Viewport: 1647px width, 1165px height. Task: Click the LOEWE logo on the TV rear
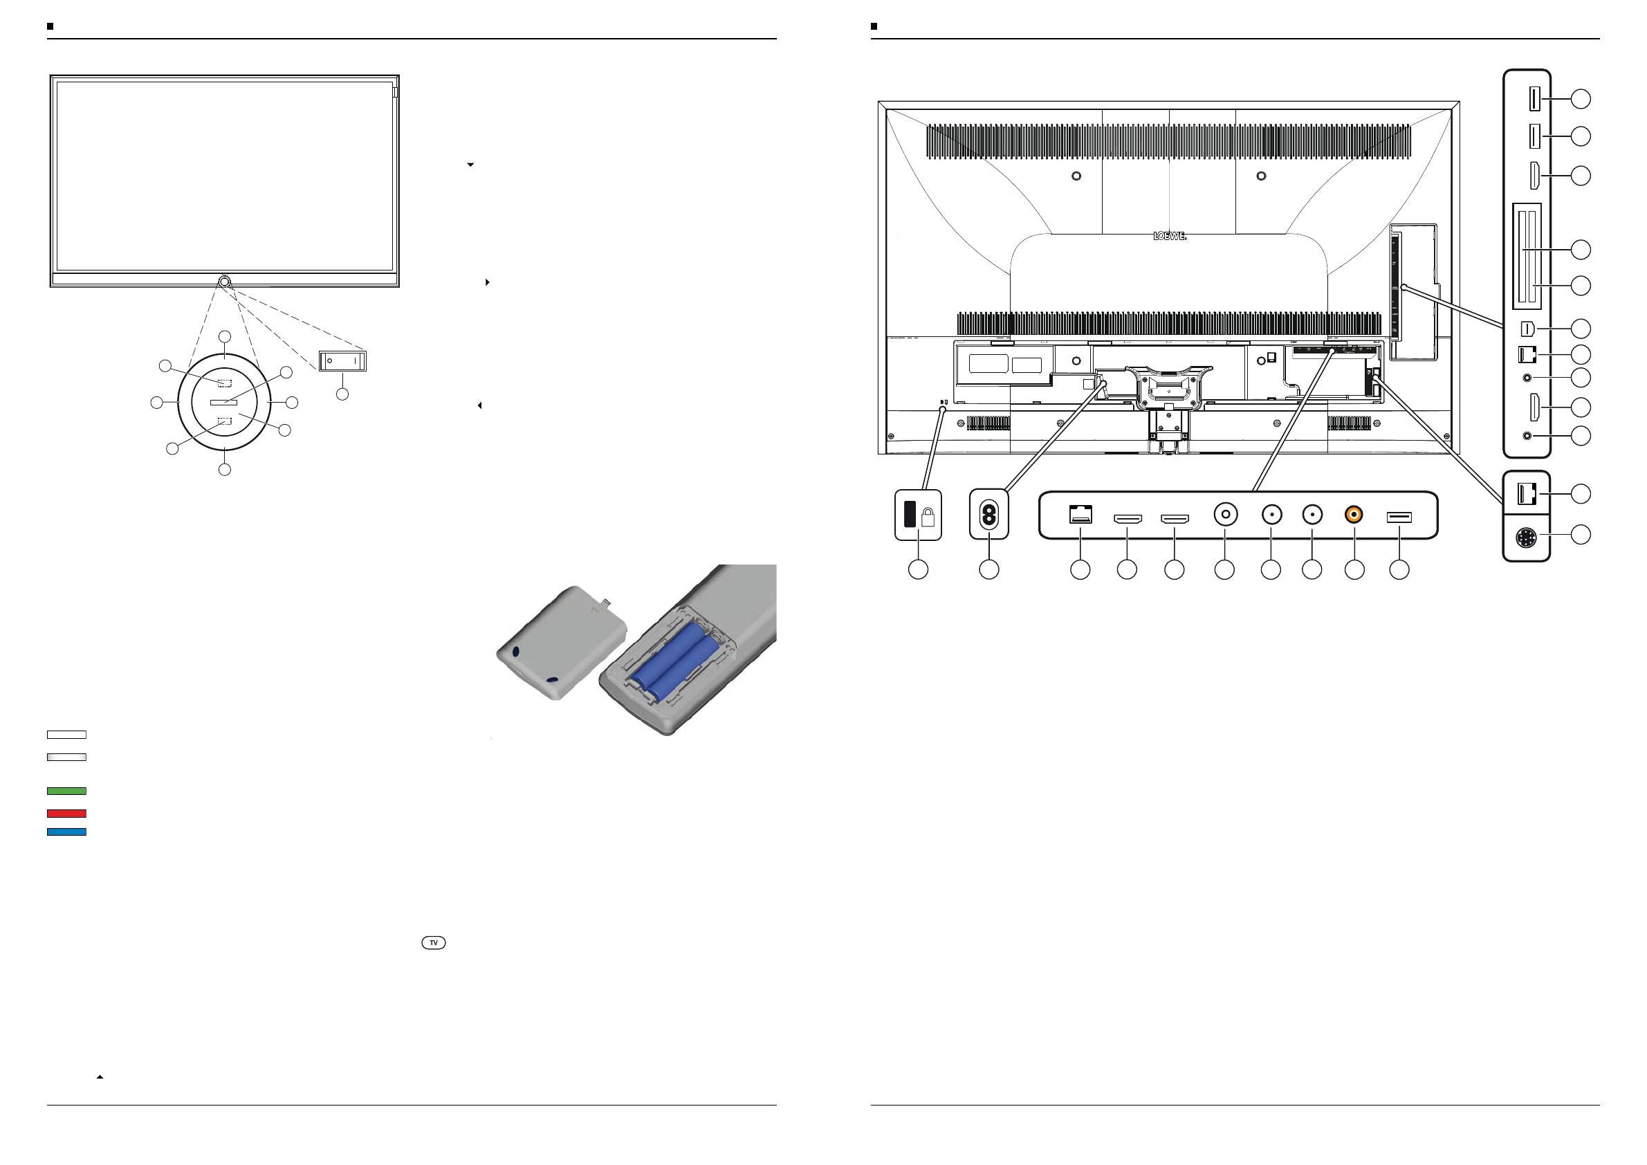[x=1169, y=236]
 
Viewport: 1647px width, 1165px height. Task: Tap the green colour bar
[x=66, y=791]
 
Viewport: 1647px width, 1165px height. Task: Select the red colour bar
[x=66, y=814]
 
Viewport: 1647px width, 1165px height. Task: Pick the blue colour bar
[x=66, y=832]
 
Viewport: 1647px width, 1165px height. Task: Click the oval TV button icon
[x=433, y=943]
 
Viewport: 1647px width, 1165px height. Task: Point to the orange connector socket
[x=1354, y=514]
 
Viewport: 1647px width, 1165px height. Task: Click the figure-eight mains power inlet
[x=988, y=514]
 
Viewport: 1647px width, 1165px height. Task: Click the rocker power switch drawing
[x=343, y=361]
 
